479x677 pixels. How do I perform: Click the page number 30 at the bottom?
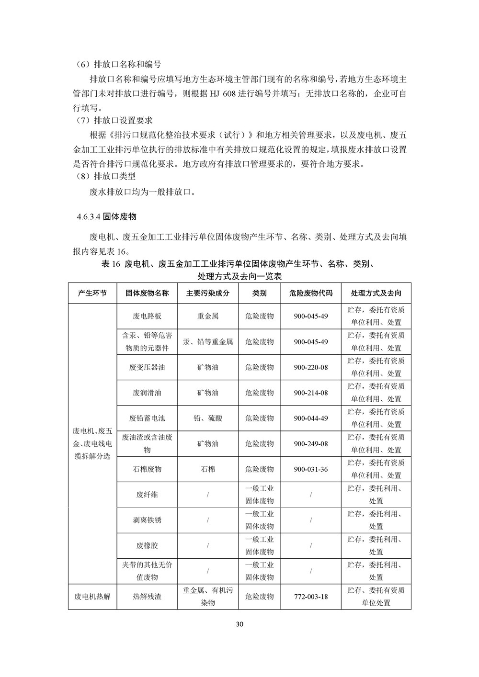240,624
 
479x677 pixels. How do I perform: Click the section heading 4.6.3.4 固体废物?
106,217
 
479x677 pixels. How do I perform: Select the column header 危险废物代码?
311,293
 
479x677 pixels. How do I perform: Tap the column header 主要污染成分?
208,293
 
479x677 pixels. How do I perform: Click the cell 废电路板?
147,316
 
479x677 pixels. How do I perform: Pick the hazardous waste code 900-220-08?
311,367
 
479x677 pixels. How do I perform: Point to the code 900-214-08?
311,393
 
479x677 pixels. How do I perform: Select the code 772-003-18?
311,597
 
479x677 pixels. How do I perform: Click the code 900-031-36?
311,469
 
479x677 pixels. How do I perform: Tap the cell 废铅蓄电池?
147,418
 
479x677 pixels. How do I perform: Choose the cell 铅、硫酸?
208,418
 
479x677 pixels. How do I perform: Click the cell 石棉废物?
147,469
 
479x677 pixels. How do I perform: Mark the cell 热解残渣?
147,597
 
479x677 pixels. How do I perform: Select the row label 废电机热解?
92,597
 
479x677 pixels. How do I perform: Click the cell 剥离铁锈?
147,520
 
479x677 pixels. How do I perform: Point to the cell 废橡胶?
147,545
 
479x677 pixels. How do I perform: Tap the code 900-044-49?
311,418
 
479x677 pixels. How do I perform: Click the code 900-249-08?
311,444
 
